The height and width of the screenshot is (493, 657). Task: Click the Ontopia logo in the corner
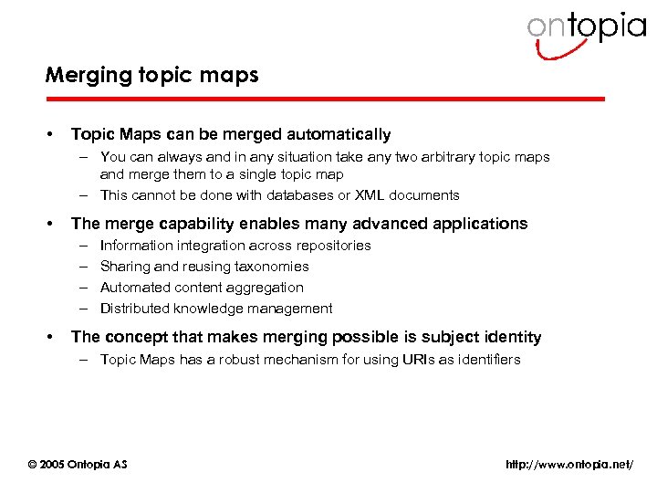585,33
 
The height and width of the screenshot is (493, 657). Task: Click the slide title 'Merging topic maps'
152,76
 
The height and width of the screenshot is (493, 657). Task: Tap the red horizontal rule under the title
325,99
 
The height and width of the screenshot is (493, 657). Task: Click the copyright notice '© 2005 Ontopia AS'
78,465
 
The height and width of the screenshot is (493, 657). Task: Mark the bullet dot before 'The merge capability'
49,224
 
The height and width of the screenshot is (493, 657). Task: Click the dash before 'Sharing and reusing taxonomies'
82,267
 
